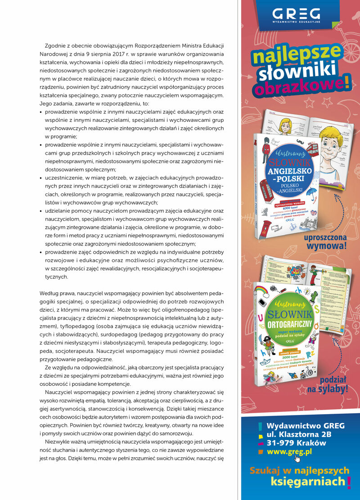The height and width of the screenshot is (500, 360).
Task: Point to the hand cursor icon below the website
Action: tap(297, 460)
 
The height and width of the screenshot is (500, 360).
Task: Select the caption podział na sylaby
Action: tap(328, 384)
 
